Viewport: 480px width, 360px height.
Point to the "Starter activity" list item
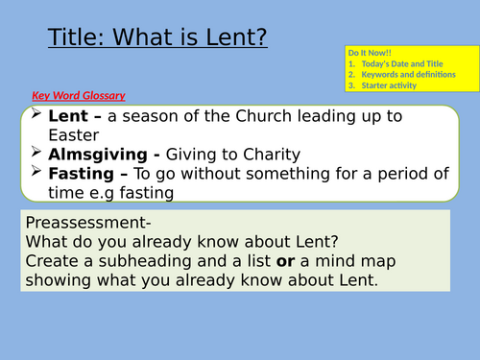coord(389,84)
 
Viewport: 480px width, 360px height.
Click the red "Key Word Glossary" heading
coord(78,96)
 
